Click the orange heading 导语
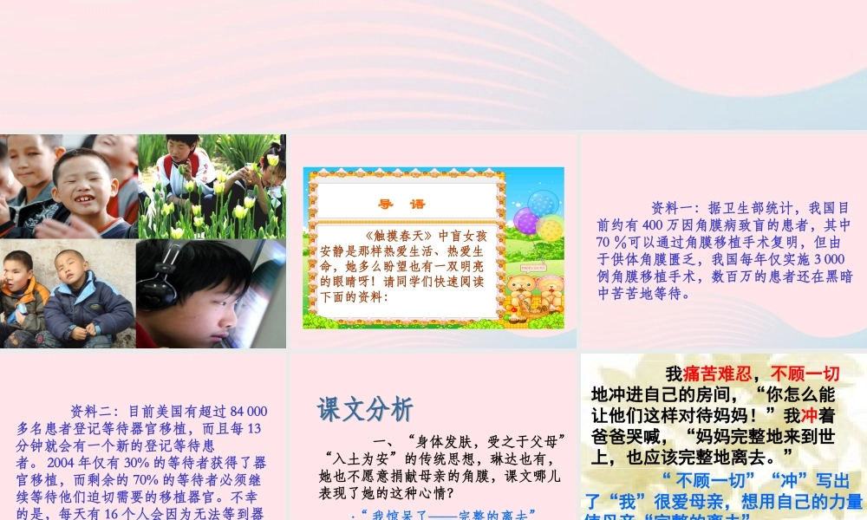(x=401, y=205)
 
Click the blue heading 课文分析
(x=364, y=410)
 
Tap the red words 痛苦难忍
(x=715, y=374)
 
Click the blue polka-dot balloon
(x=543, y=203)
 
